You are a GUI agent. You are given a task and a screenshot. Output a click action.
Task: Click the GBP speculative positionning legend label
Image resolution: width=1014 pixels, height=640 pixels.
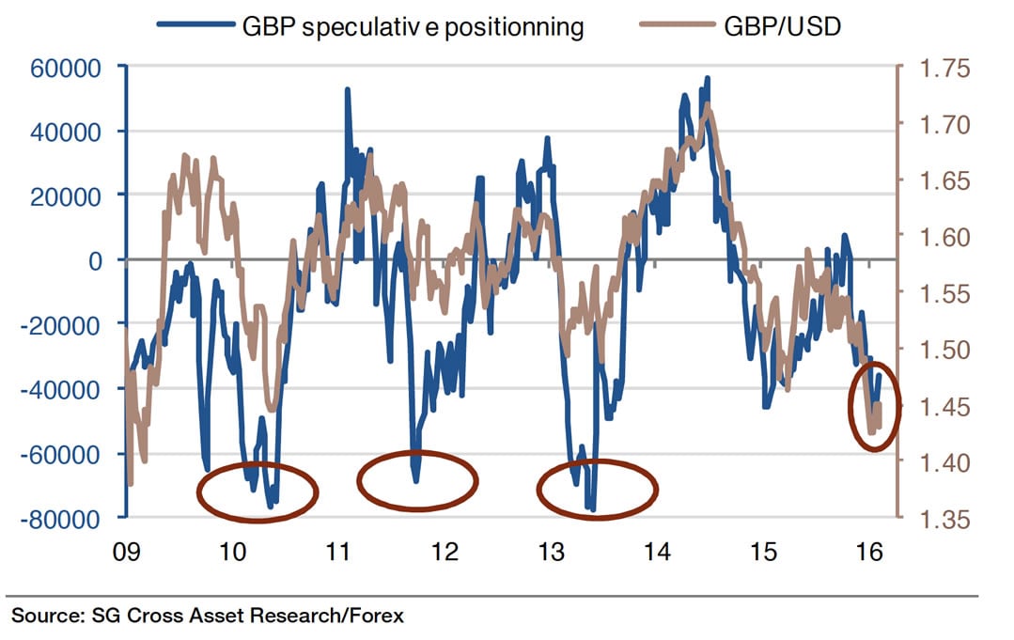click(413, 26)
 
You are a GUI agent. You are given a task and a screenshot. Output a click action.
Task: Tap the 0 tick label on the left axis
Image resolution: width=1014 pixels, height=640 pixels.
click(96, 260)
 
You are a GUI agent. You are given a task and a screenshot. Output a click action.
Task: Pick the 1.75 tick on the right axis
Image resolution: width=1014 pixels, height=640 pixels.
click(928, 68)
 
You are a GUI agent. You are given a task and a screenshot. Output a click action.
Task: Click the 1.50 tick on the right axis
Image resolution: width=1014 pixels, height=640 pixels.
click(928, 350)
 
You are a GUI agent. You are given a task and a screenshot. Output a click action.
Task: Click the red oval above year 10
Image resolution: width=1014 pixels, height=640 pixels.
click(257, 492)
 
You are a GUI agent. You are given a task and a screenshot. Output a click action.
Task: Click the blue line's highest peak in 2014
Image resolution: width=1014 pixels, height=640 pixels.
click(707, 78)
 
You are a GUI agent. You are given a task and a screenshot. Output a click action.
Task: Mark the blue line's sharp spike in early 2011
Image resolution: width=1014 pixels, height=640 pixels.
click(348, 90)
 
